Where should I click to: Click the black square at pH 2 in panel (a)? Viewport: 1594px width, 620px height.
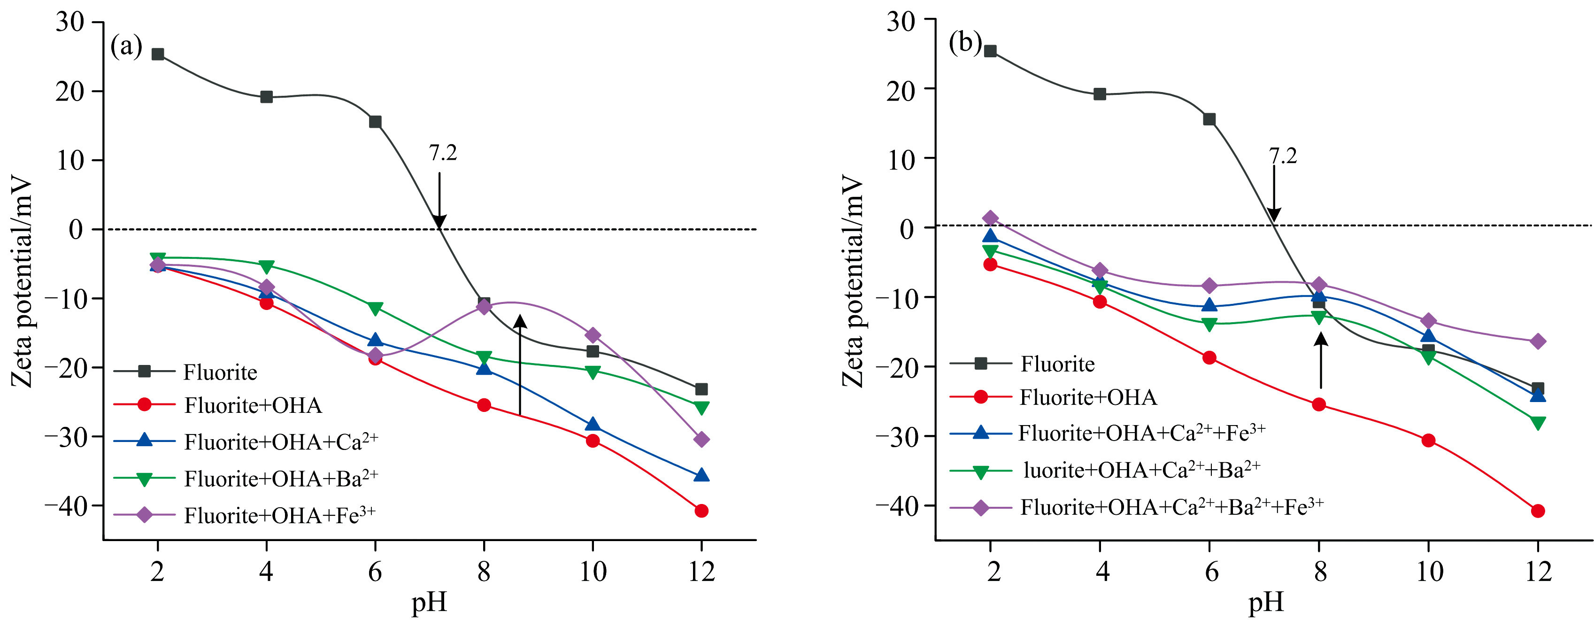tap(158, 54)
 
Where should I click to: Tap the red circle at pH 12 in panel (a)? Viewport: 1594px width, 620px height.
tap(701, 511)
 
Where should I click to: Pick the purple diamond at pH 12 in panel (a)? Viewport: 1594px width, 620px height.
tap(701, 439)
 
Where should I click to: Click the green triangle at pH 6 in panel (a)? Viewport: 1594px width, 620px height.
tap(375, 308)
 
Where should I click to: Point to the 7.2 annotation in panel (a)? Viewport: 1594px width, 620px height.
tap(443, 153)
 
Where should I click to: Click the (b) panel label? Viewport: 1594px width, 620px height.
tap(965, 43)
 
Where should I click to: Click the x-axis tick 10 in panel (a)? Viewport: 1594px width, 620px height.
tap(592, 571)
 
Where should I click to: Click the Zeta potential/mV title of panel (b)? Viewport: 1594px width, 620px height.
tap(852, 281)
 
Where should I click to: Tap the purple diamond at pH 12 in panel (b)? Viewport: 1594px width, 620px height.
tap(1538, 341)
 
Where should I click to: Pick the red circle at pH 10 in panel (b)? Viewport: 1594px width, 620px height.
tap(1428, 441)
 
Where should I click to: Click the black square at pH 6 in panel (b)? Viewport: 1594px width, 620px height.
tap(1209, 119)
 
